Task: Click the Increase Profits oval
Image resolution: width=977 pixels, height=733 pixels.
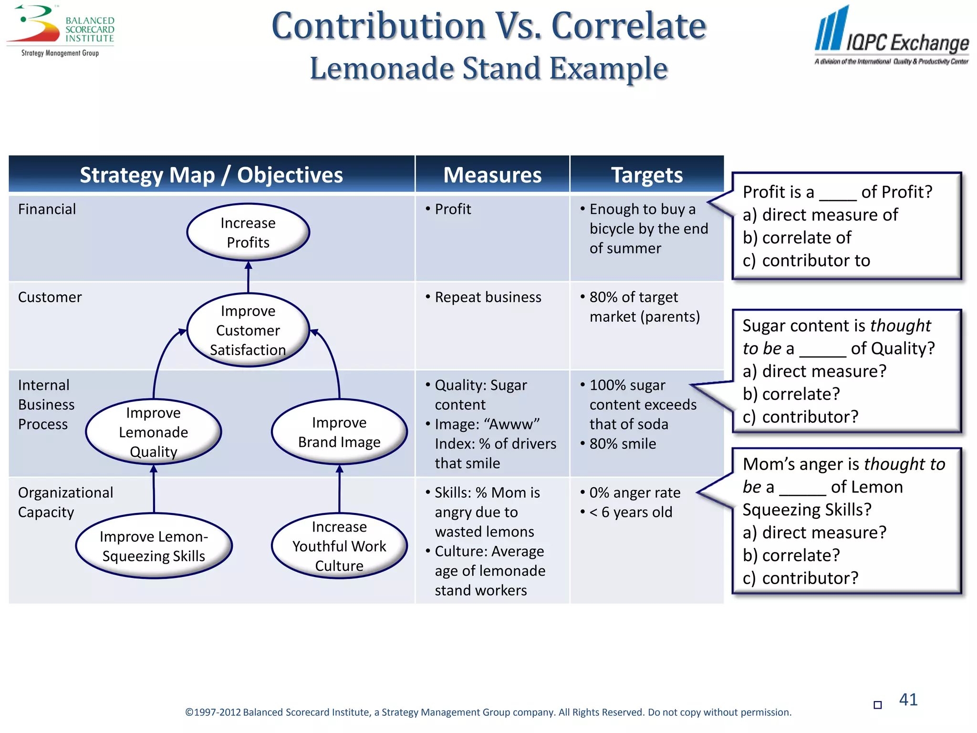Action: coord(248,232)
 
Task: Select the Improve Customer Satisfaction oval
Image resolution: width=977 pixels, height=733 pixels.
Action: coord(248,330)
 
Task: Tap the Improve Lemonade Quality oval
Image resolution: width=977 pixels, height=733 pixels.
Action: coord(153,432)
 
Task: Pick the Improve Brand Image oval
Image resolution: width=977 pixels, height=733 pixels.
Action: coord(339,432)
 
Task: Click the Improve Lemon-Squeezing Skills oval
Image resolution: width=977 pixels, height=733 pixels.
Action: coord(154,546)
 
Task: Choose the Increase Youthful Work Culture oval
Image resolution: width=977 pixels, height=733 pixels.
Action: coord(339,546)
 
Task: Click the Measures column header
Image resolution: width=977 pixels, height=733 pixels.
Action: coord(492,175)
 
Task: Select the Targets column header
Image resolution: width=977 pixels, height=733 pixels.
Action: coord(647,175)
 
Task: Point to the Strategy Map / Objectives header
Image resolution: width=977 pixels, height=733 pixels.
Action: coord(211,175)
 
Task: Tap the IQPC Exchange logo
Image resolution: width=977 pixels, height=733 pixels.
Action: coord(891,36)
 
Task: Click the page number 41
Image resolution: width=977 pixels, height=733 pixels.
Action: coord(908,700)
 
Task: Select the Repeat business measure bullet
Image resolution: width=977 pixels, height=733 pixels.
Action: coord(488,297)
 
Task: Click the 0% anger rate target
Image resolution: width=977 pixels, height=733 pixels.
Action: coord(634,492)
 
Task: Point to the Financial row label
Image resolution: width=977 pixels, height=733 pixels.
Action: coord(47,209)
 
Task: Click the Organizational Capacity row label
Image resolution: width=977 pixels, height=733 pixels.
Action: coord(65,502)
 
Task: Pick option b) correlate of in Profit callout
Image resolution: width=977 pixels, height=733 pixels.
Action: coord(797,238)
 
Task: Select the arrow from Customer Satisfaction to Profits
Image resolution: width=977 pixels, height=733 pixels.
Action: coord(248,277)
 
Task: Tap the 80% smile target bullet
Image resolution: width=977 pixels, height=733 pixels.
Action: coord(622,444)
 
